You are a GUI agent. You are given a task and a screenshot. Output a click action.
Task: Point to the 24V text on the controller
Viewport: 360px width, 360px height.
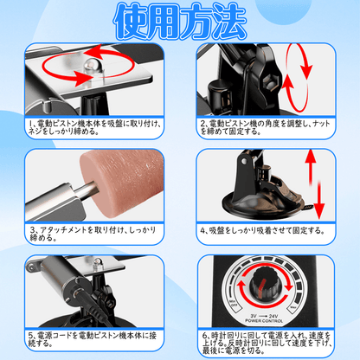[x=281, y=318]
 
